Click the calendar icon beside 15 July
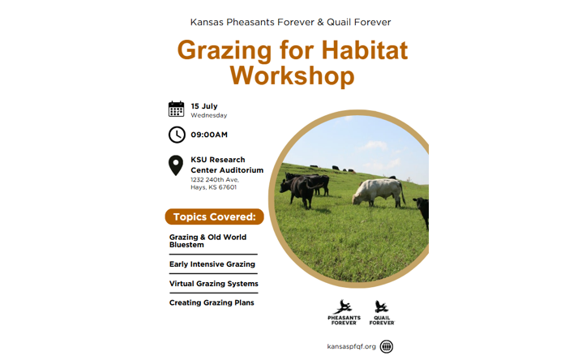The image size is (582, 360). [176, 109]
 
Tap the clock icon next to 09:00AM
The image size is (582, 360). [177, 135]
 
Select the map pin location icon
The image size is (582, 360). [176, 165]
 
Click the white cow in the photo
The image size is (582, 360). [378, 192]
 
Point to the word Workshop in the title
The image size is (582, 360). [292, 75]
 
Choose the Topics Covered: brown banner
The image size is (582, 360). [214, 217]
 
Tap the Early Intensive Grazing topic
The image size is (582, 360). [212, 264]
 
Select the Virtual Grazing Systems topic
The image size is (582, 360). [214, 284]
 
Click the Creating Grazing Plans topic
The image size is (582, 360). [212, 302]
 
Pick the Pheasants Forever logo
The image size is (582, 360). [344, 312]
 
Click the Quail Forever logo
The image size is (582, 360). [382, 312]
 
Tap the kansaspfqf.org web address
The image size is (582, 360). [351, 346]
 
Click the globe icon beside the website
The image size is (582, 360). [387, 346]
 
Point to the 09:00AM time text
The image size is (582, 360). [209, 135]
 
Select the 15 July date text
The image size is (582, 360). [204, 106]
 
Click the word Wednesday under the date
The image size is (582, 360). [208, 115]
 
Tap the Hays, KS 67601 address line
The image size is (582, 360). [213, 187]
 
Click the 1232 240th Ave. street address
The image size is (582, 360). [215, 179]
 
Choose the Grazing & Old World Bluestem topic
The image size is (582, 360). [208, 241]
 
